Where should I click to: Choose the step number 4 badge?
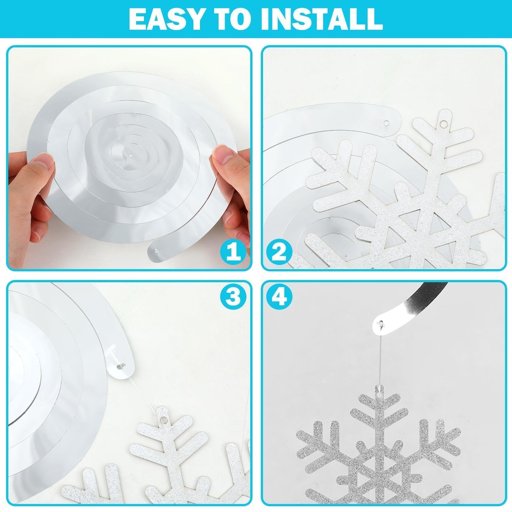click(279, 297)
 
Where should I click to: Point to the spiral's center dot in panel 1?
click(131, 156)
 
